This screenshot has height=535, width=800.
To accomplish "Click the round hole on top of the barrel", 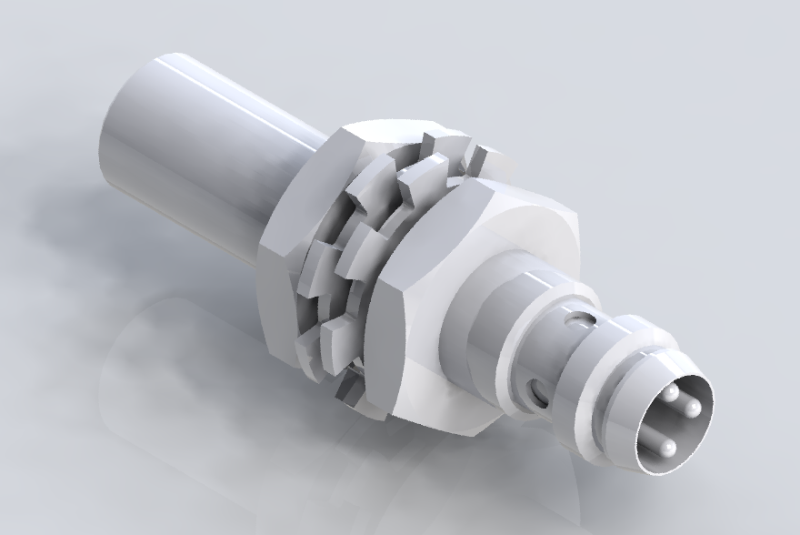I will click(x=575, y=320).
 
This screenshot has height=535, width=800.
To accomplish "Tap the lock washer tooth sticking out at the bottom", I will click(x=350, y=387).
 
